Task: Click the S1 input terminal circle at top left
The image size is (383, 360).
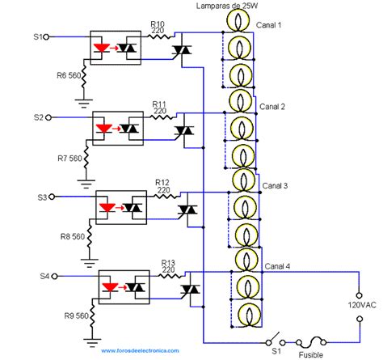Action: click(x=46, y=37)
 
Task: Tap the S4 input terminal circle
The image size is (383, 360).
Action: click(x=54, y=277)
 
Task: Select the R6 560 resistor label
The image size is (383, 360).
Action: click(x=69, y=75)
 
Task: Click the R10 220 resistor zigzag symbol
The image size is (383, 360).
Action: click(x=159, y=36)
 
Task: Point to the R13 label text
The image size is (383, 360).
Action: click(x=168, y=262)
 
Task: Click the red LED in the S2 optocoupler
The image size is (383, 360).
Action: click(x=103, y=129)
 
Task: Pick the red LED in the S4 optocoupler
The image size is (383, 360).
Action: click(x=110, y=287)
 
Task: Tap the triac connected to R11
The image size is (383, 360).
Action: click(x=184, y=130)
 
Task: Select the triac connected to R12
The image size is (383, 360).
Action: click(x=187, y=210)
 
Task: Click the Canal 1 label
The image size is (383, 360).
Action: click(x=268, y=25)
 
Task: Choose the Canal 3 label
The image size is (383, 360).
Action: click(x=275, y=186)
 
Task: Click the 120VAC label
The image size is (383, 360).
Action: click(x=362, y=305)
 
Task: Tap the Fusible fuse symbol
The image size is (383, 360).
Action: click(x=311, y=342)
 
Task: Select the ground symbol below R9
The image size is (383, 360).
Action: click(x=92, y=342)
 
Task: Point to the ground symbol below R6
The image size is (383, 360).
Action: click(x=83, y=104)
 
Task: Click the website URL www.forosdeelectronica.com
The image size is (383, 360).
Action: click(x=140, y=351)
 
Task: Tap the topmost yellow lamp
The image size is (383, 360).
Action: click(x=238, y=20)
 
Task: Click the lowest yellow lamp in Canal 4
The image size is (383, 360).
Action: click(x=250, y=316)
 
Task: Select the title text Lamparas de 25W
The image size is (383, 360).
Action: click(x=227, y=6)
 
